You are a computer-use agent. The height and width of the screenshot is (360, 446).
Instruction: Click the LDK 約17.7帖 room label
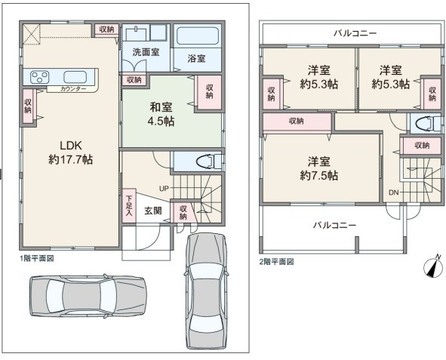pyautogui.click(x=71, y=152)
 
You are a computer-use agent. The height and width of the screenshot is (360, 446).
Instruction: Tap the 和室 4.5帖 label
pyautogui.click(x=161, y=114)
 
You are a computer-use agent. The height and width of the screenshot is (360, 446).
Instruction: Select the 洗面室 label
pyautogui.click(x=146, y=52)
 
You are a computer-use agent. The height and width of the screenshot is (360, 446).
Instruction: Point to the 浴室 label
pyautogui.click(x=196, y=58)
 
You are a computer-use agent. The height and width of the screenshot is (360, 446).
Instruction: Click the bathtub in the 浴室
pyautogui.click(x=198, y=36)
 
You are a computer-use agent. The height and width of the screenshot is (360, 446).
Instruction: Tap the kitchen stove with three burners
pyautogui.click(x=40, y=77)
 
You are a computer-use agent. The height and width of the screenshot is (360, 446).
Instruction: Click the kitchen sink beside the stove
pyautogui.click(x=75, y=77)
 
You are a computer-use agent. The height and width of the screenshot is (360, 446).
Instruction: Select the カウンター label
pyautogui.click(x=73, y=89)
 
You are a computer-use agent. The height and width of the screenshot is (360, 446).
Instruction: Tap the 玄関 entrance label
pyautogui.click(x=153, y=211)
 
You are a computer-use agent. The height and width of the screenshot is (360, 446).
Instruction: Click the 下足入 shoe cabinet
pyautogui.click(x=129, y=205)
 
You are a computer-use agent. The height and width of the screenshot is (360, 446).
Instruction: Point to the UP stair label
pyautogui.click(x=164, y=189)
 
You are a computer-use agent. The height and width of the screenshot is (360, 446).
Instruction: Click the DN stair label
pyautogui.click(x=394, y=192)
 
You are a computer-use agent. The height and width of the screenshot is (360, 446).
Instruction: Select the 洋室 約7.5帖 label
pyautogui.click(x=319, y=168)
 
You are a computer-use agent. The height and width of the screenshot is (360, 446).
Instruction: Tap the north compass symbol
pyautogui.click(x=434, y=266)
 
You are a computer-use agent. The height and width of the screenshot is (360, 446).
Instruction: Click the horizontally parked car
pyautogui.click(x=88, y=297)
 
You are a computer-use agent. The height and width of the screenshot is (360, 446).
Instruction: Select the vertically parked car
pyautogui.click(x=207, y=291)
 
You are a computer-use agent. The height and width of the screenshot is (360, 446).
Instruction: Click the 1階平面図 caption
pyautogui.click(x=37, y=258)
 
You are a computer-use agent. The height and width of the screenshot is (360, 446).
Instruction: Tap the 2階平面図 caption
pyautogui.click(x=277, y=262)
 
